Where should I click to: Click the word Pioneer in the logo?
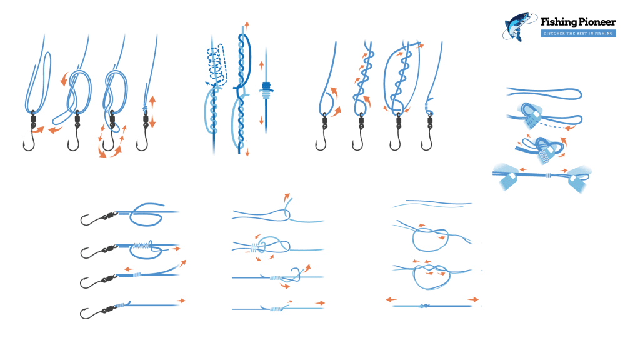594,22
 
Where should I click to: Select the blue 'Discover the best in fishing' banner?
578,33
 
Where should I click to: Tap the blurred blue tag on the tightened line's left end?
507,177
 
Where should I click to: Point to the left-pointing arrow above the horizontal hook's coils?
129,269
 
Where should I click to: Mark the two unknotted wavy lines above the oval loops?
431,204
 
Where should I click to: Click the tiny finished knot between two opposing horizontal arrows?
425,306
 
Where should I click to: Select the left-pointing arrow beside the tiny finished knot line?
391,300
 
